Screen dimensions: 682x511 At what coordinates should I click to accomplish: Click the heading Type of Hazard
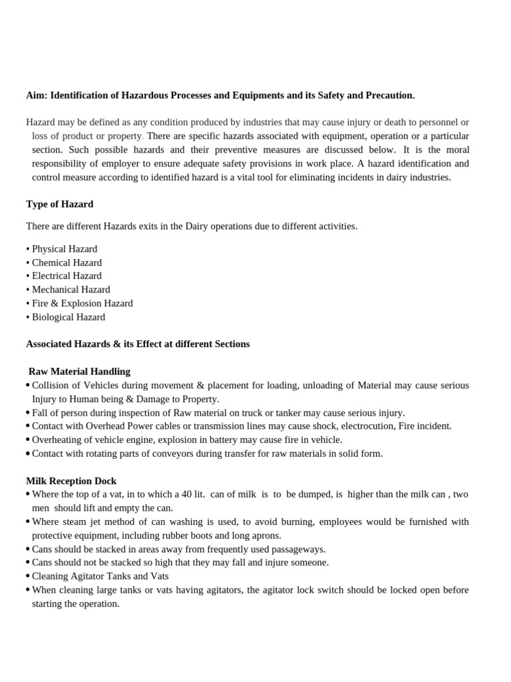[x=59, y=204]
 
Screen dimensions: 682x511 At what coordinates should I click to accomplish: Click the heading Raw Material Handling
[x=80, y=372]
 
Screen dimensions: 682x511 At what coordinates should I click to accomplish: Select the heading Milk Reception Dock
[x=71, y=481]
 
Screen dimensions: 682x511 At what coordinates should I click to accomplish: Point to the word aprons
[x=266, y=535]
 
